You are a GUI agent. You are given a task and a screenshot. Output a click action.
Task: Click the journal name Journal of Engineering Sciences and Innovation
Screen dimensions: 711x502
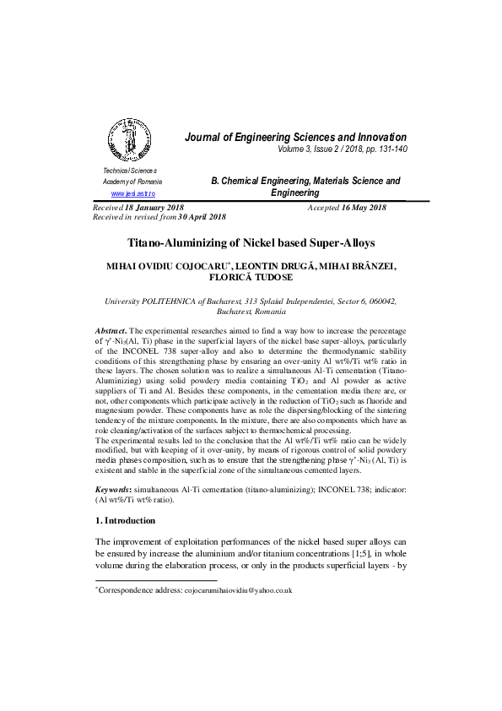[295, 137]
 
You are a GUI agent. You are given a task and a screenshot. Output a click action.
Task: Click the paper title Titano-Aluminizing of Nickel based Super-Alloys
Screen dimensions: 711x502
[251, 242]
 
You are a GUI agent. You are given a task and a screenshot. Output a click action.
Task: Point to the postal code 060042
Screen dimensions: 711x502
[380, 301]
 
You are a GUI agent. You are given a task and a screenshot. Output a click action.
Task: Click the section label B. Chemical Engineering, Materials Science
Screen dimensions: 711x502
[305, 181]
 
